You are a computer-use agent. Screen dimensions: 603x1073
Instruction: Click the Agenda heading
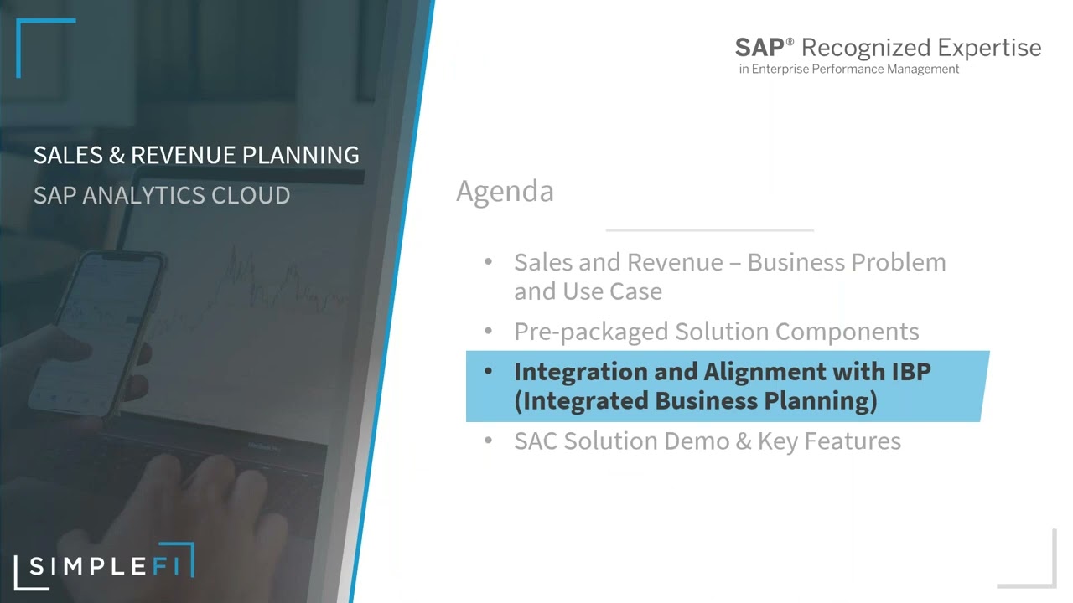tap(505, 192)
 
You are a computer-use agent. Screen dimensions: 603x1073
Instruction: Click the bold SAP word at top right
tap(759, 48)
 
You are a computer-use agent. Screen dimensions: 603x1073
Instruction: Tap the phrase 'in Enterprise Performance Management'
tap(848, 70)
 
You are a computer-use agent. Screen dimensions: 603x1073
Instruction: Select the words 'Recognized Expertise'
tap(921, 48)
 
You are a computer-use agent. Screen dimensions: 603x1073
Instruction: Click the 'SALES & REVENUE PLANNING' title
tap(196, 155)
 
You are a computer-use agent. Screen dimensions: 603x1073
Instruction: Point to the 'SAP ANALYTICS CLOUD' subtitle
tap(162, 195)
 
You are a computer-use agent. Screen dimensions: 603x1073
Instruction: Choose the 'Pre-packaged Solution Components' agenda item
tap(716, 332)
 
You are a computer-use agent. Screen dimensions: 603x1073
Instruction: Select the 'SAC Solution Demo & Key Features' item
tap(707, 441)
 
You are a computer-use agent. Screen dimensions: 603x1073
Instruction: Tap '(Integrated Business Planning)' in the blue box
tap(695, 401)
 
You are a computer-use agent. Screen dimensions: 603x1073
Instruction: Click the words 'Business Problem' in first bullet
tap(846, 262)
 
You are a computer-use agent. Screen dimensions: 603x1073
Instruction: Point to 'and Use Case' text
tap(588, 291)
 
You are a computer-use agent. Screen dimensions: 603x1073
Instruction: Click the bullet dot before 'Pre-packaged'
tap(488, 332)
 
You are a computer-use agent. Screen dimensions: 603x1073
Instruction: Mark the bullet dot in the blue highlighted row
tap(488, 372)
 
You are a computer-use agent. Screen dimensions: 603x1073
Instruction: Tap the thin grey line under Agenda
tap(709, 229)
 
